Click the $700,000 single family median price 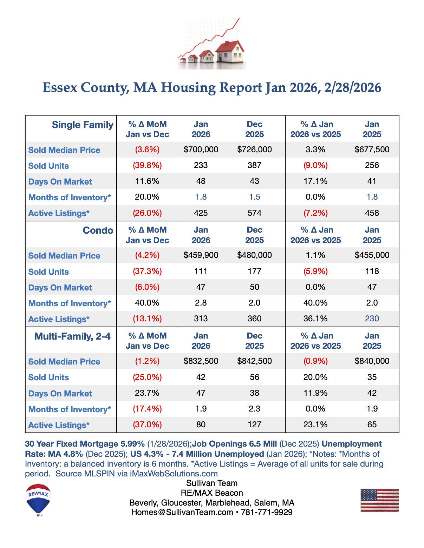[x=201, y=149]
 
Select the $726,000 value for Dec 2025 [x=254, y=149]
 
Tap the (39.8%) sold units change [x=147, y=165]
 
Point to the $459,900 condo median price [x=201, y=255]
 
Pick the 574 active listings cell [x=254, y=213]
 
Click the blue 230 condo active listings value [x=372, y=319]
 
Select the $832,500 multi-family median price [x=201, y=361]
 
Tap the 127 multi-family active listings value [x=254, y=425]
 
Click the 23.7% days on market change [x=147, y=393]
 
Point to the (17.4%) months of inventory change [x=147, y=409]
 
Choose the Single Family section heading [x=83, y=125]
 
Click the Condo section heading [x=98, y=230]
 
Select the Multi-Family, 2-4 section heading [x=72, y=336]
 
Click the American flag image [x=379, y=500]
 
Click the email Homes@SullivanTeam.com [x=182, y=512]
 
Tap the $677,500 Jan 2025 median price [x=372, y=149]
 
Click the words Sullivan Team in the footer [x=212, y=483]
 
